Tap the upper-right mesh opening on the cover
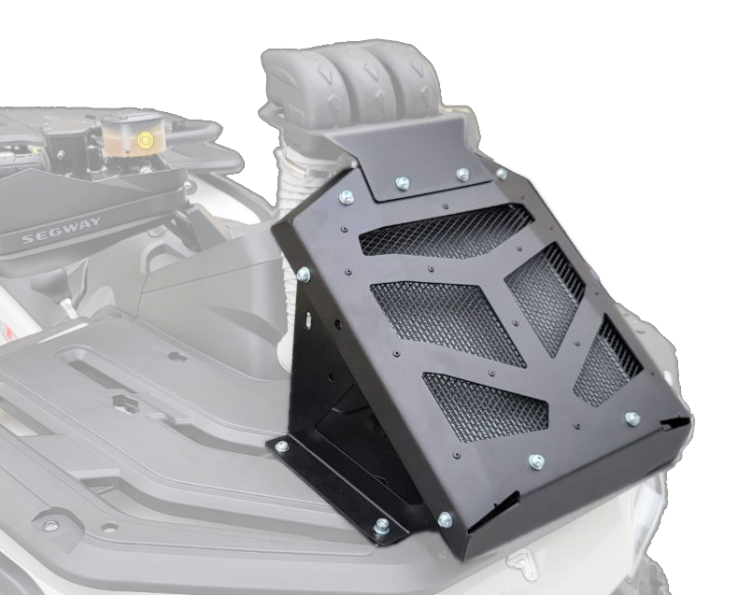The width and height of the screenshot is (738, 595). pyautogui.click(x=545, y=297)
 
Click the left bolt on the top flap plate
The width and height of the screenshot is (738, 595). pyautogui.click(x=402, y=183)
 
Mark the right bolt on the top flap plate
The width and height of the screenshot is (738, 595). pyautogui.click(x=462, y=174)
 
